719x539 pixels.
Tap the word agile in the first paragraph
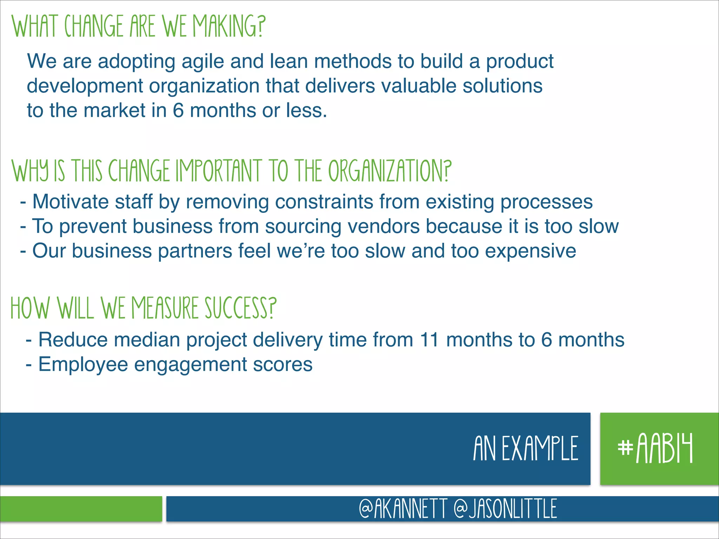(x=203, y=61)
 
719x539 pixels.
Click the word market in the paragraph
(x=114, y=111)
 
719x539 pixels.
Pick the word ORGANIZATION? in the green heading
(x=389, y=171)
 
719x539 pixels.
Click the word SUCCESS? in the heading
(x=240, y=308)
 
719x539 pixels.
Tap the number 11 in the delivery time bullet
(x=429, y=340)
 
